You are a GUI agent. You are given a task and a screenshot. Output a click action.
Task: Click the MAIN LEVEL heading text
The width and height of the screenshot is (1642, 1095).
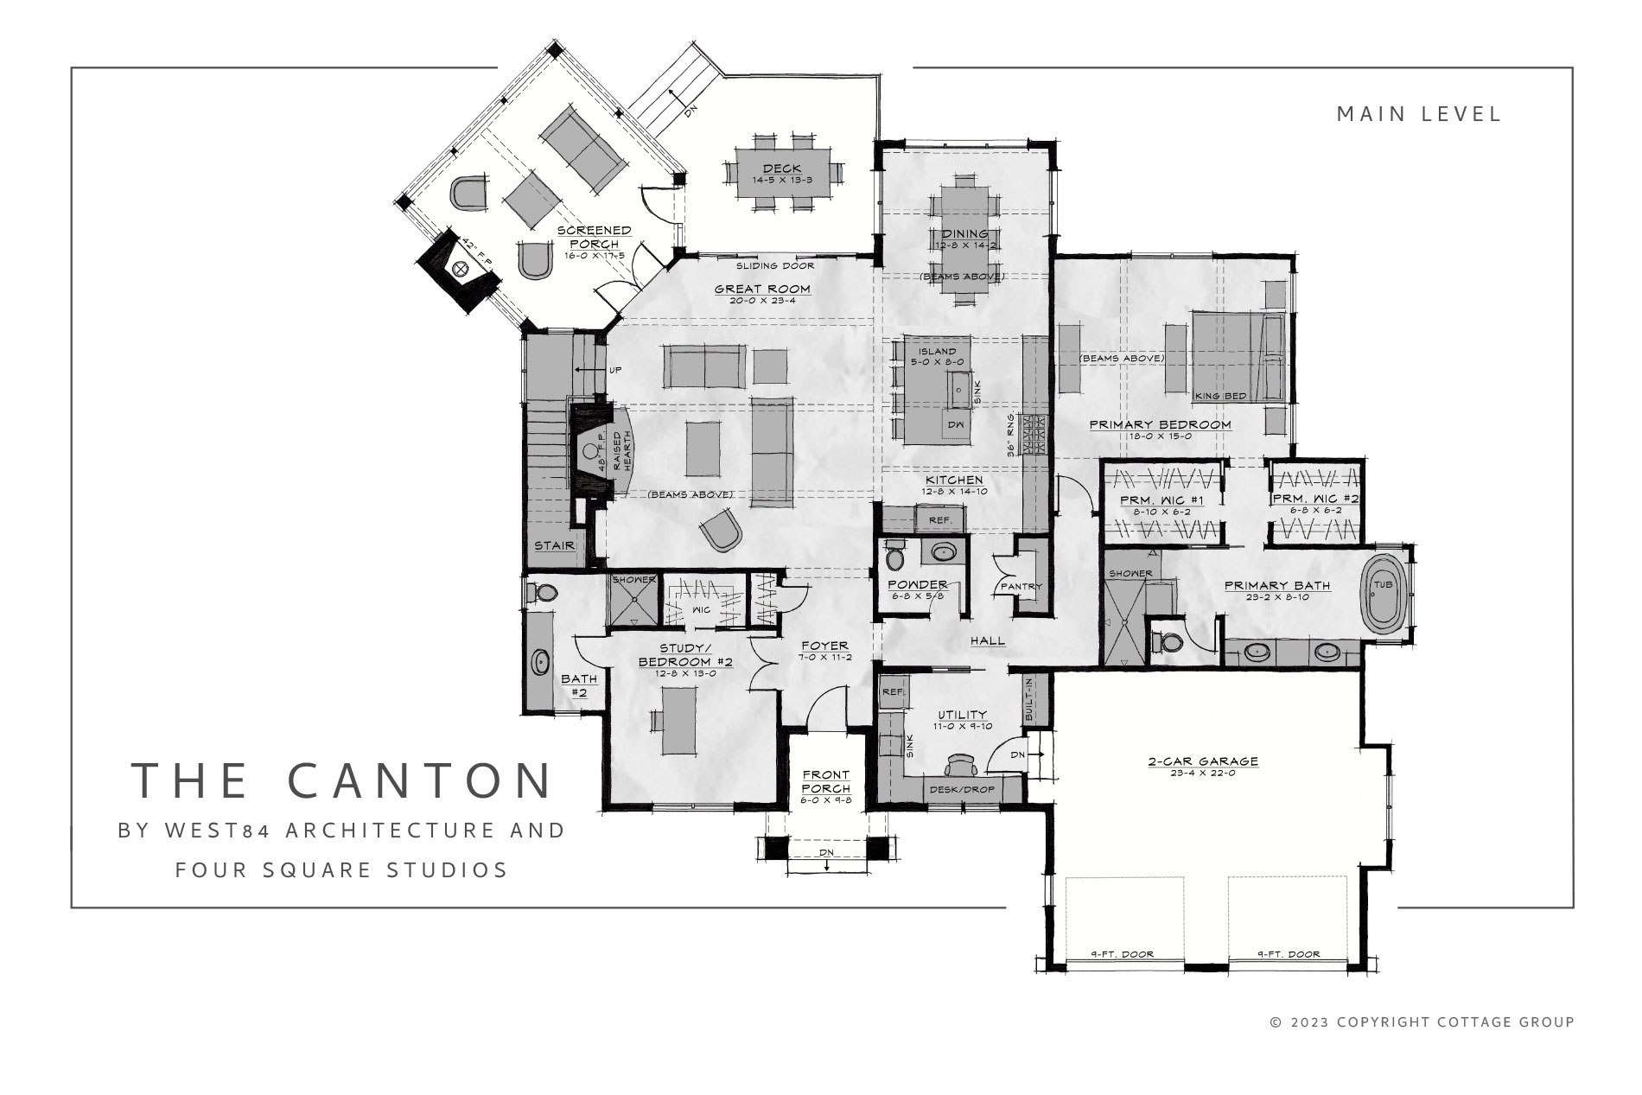(1419, 114)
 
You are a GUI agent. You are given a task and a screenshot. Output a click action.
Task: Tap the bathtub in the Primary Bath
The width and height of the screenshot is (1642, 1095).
(1384, 596)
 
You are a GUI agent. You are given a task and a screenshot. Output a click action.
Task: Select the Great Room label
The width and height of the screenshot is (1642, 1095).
(762, 289)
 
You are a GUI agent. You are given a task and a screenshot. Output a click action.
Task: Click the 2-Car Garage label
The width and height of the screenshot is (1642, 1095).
(1202, 761)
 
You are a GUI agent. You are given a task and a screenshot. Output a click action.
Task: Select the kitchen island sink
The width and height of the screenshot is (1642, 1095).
(958, 390)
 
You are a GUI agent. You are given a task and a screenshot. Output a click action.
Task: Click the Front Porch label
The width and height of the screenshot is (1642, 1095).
(825, 781)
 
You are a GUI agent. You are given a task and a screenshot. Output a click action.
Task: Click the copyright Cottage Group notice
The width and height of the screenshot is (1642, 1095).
(1422, 1022)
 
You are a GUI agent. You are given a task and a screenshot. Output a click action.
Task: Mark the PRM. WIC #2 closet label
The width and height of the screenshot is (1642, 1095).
(1315, 499)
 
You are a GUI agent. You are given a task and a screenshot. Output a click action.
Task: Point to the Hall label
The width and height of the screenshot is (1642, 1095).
(988, 640)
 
